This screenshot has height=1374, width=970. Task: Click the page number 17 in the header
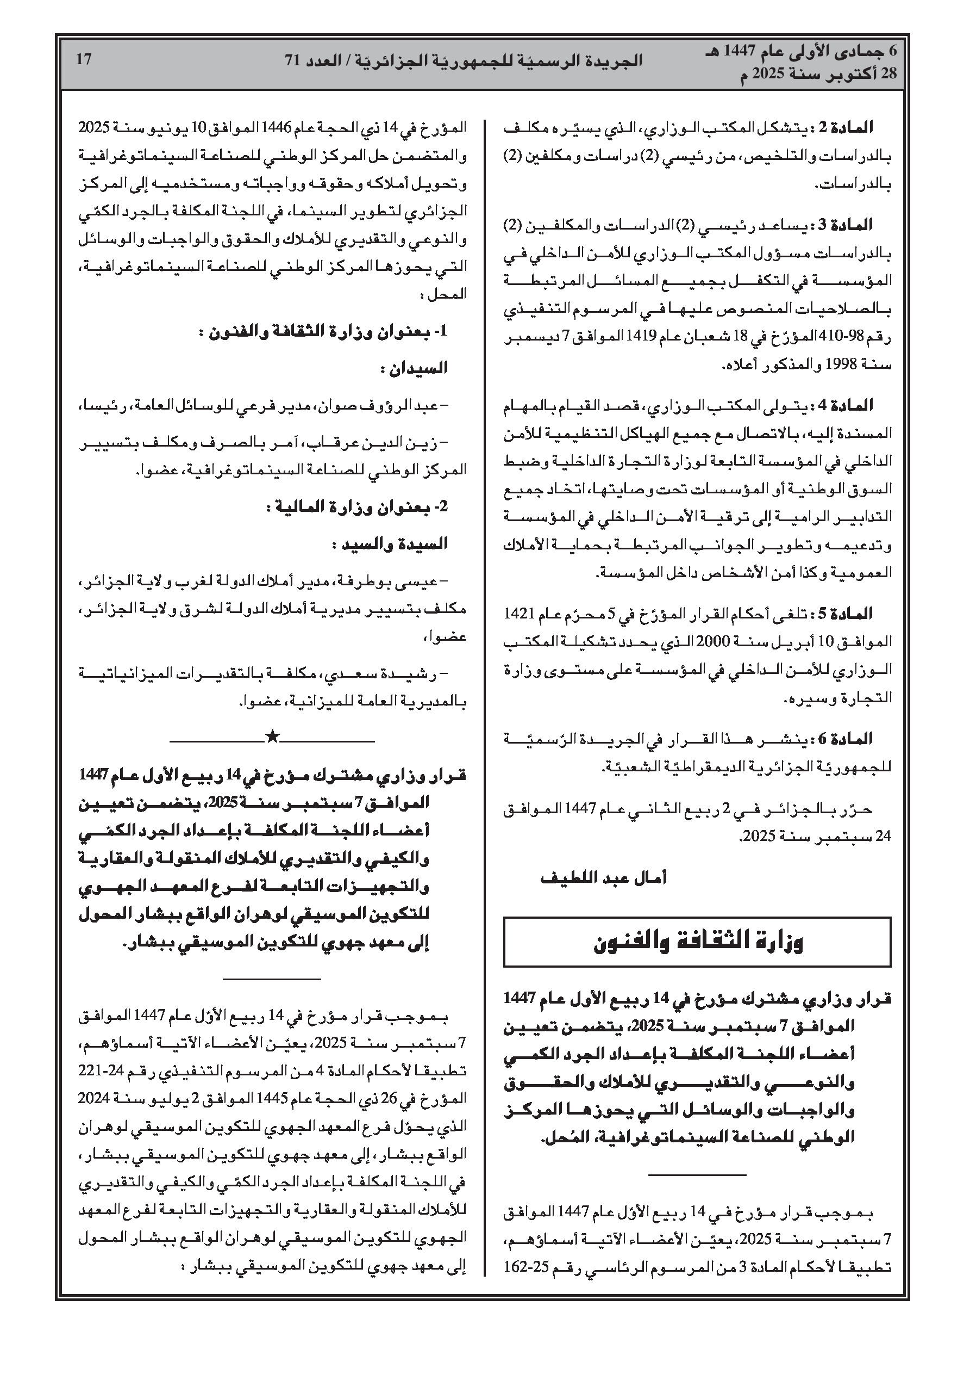84,59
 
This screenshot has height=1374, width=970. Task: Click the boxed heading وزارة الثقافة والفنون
697,942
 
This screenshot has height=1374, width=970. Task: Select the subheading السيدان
414,368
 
